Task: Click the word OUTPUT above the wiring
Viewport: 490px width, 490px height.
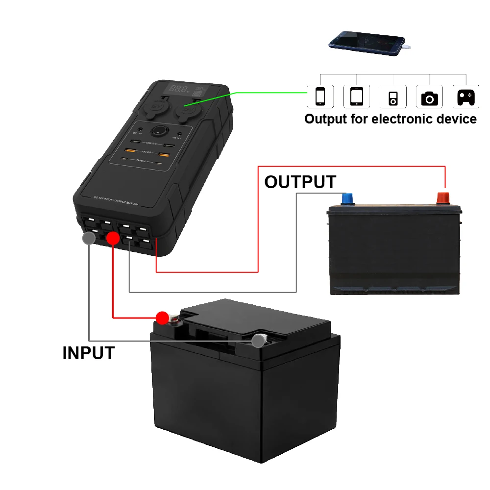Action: [300, 182]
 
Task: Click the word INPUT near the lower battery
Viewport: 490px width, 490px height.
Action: [88, 353]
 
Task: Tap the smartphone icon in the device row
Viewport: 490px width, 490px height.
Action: [320, 96]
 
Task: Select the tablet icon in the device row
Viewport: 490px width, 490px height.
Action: [356, 96]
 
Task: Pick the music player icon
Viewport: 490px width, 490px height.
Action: [393, 96]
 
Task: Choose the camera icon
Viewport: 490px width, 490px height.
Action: [429, 96]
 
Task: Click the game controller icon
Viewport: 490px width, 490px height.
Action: [465, 96]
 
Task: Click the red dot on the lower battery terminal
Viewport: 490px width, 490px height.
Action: [162, 318]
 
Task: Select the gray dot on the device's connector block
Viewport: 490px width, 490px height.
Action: [89, 239]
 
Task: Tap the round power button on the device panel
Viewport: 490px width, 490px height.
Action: [159, 131]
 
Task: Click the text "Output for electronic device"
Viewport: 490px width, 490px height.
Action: [390, 119]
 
